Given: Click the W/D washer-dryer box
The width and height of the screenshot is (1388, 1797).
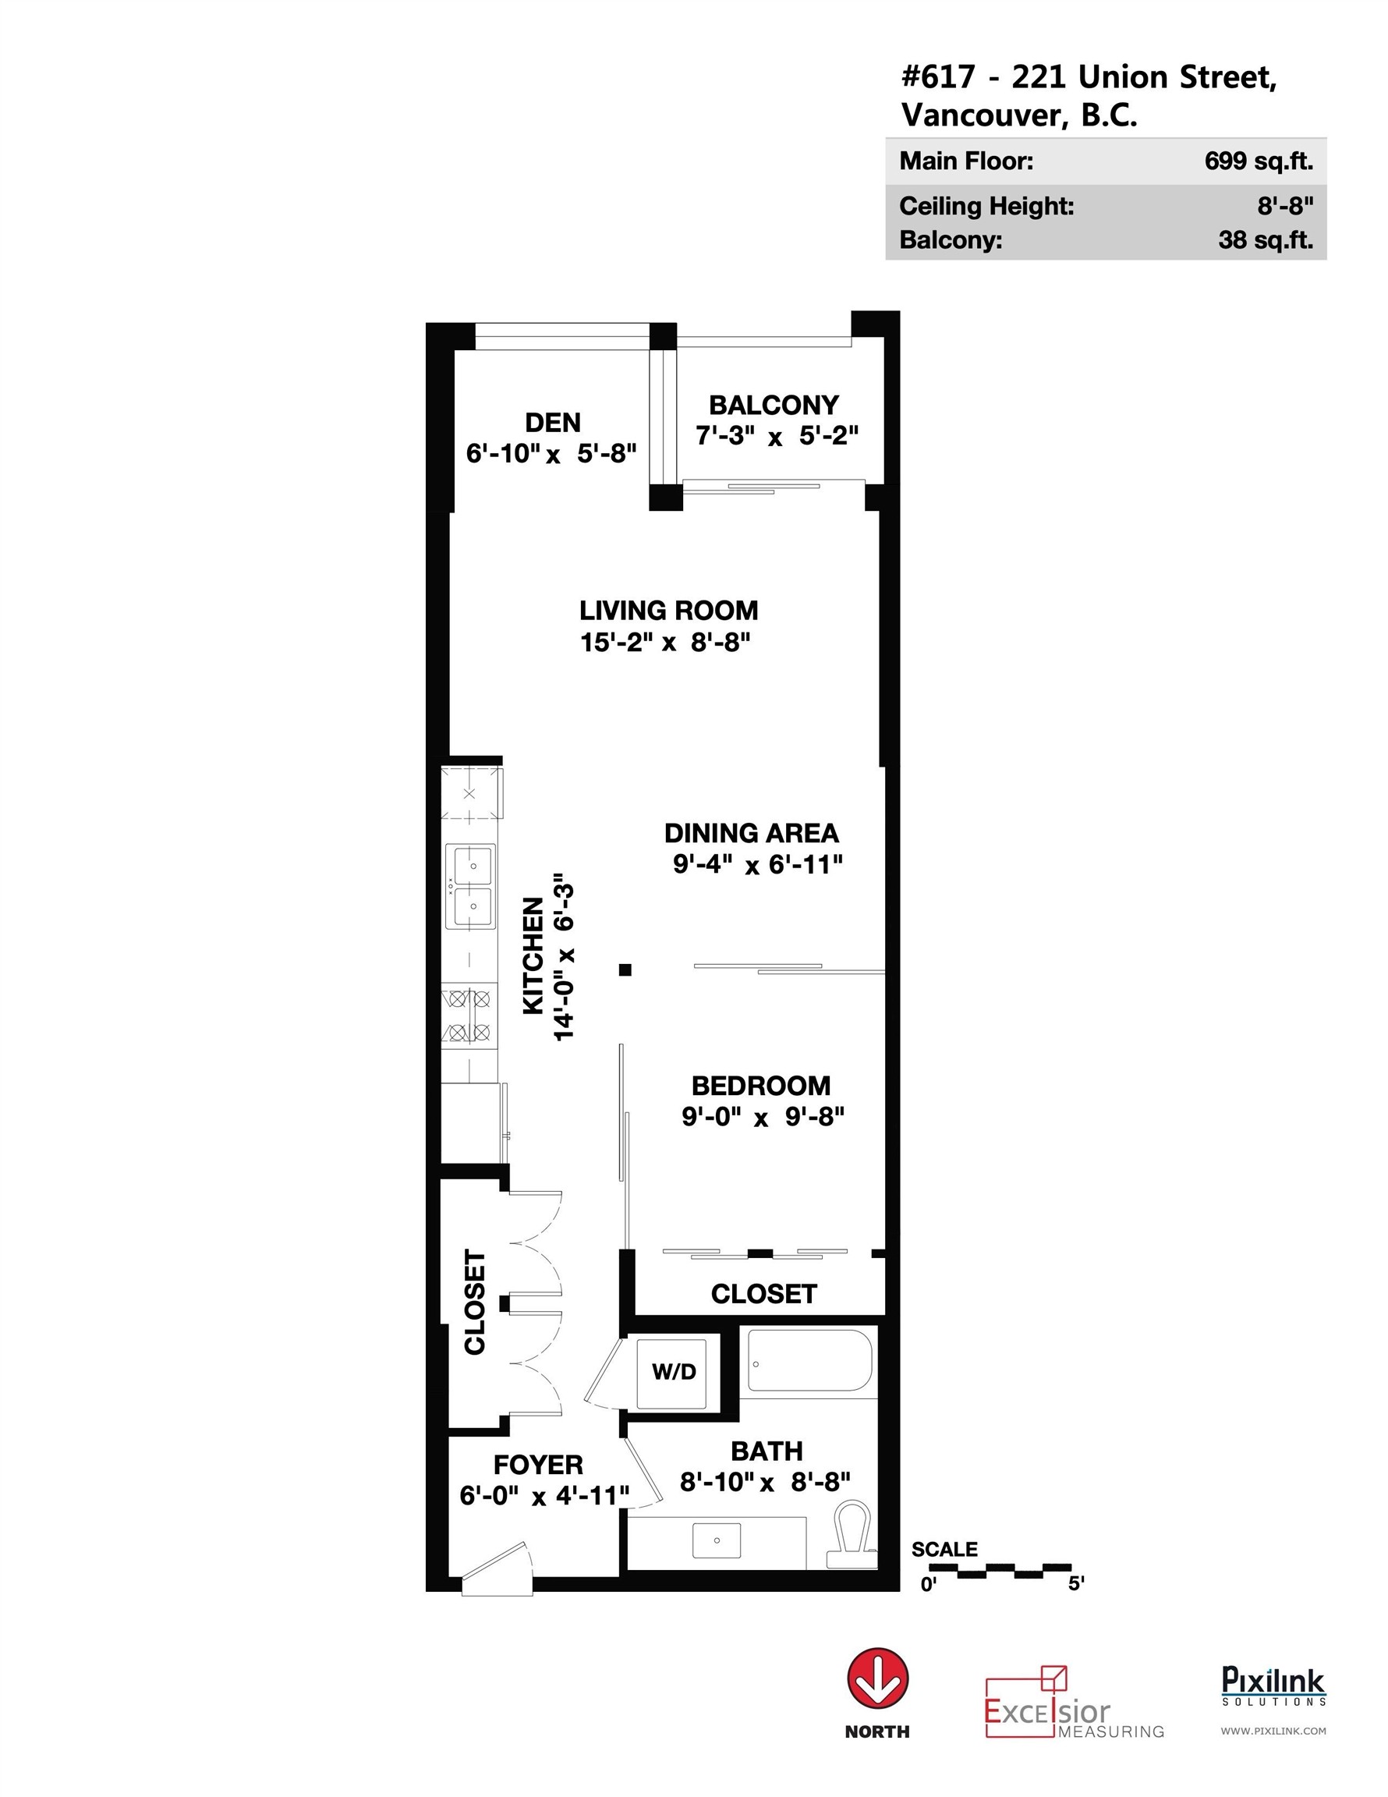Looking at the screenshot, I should coord(674,1371).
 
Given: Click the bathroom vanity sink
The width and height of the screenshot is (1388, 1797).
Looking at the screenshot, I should coord(717,1540).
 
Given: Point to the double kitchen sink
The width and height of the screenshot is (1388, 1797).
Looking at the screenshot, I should coord(471,886).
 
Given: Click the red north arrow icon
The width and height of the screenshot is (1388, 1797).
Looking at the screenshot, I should coord(878,1679).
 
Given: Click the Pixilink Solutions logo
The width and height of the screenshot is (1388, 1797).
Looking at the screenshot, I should coord(1273,1687).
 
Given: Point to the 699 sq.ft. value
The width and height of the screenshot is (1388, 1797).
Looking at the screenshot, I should coord(1258,161).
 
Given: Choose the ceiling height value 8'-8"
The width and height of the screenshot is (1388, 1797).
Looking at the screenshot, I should coord(1284,206).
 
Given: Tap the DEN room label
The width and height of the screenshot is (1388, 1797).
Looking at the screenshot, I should coord(553,423).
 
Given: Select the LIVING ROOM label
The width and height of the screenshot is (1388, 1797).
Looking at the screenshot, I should coord(668,611).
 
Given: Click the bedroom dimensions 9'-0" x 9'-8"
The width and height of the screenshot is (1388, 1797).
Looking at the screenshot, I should coord(763,1117).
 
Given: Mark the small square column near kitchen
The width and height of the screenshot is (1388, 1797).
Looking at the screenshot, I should coord(625,969).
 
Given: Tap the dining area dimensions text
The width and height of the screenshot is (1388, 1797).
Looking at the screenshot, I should coord(758,864).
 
